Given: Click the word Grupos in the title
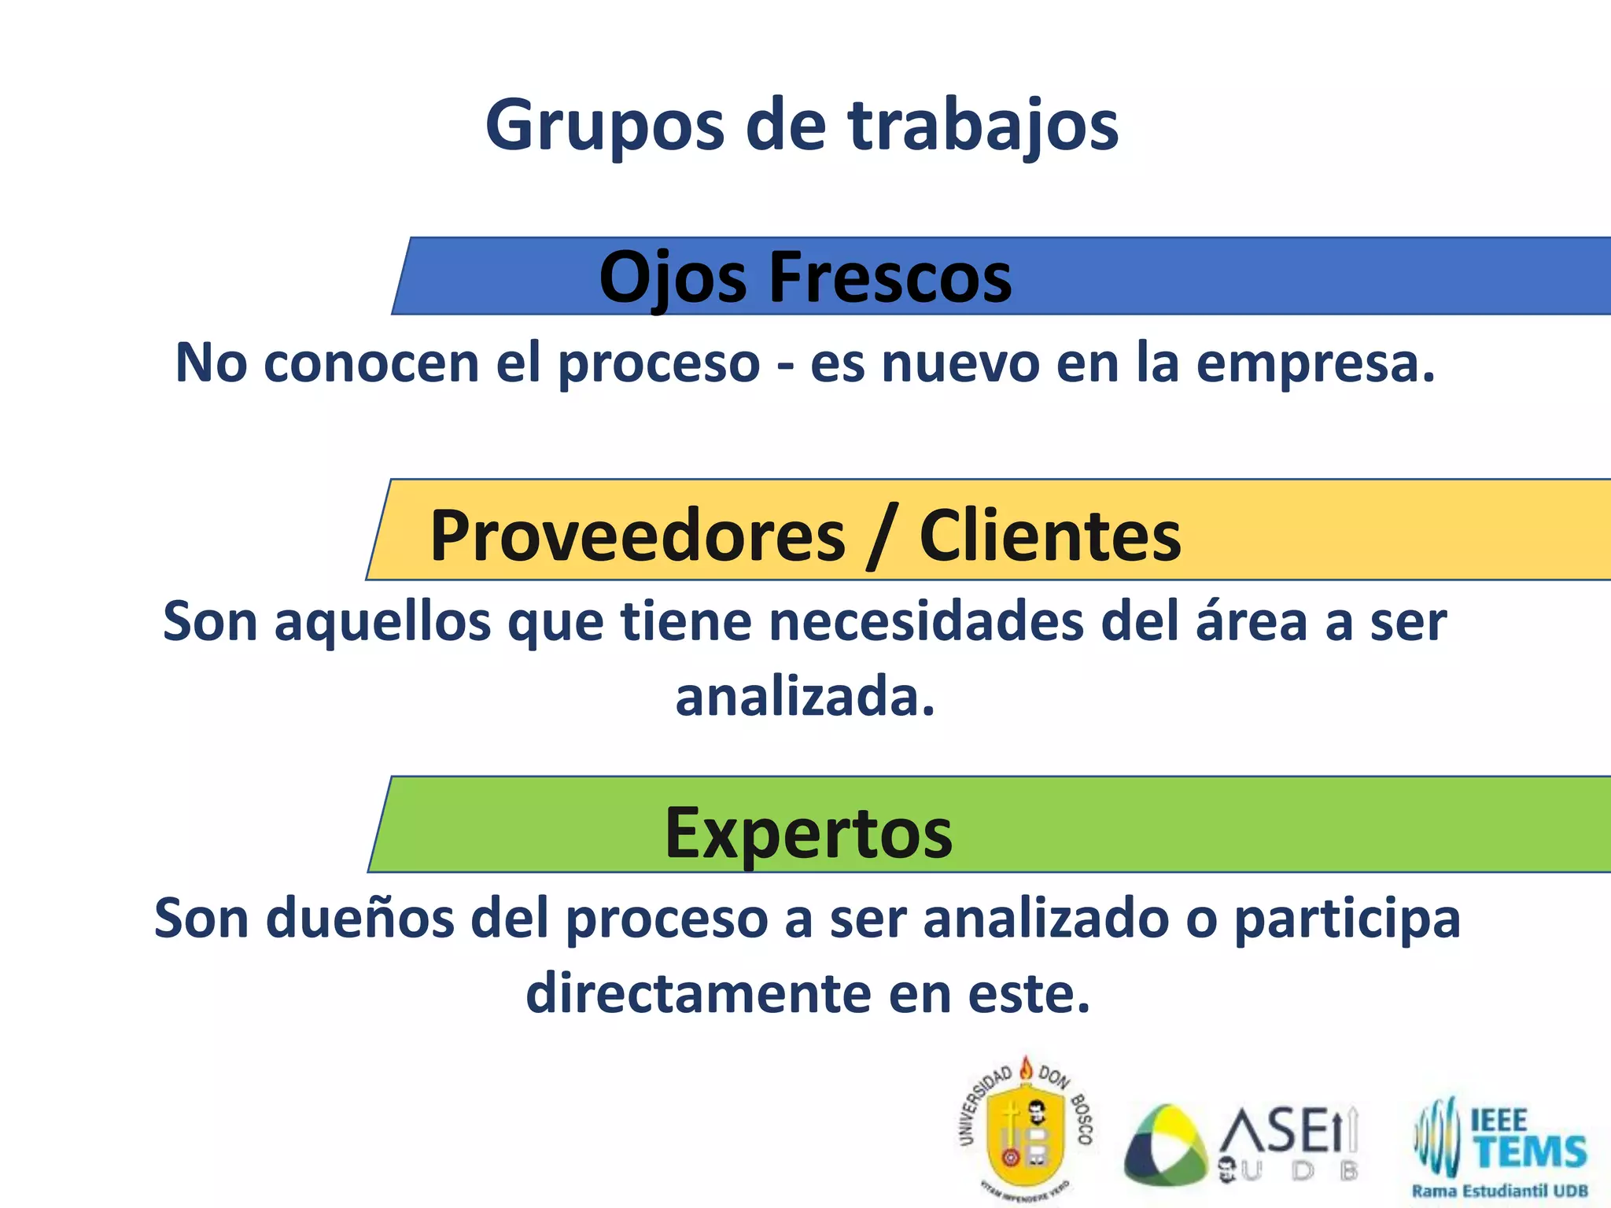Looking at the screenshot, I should pyautogui.click(x=604, y=126).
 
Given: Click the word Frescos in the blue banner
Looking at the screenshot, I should pyautogui.click(x=890, y=278).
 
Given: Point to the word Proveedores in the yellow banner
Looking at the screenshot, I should pyautogui.click(x=637, y=536).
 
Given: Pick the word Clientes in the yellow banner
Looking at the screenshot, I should pyautogui.click(x=1050, y=536).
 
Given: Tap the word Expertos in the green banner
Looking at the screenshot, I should pyautogui.click(x=809, y=833).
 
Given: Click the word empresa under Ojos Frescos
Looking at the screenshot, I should pyautogui.click(x=1315, y=363).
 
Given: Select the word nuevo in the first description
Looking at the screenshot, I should pyautogui.click(x=960, y=363).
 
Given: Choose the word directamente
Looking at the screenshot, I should pyautogui.click(x=699, y=993).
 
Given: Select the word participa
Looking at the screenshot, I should pyautogui.click(x=1347, y=918).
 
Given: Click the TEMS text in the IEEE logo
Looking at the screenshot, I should pyautogui.click(x=1530, y=1151).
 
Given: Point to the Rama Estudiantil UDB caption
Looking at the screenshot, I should pyautogui.click(x=1499, y=1191).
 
